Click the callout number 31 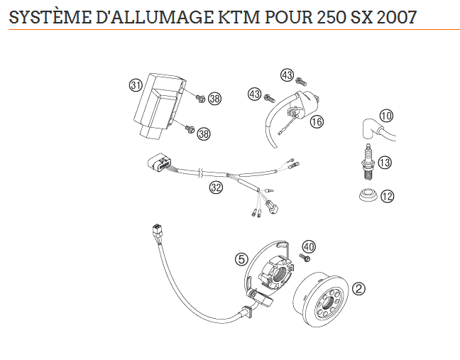(x=136, y=85)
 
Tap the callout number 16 (x=317, y=121)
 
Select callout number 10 (x=386, y=116)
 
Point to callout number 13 (x=385, y=163)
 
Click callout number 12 (x=388, y=196)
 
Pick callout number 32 (x=216, y=187)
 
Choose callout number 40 (x=309, y=247)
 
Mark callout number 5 (x=241, y=259)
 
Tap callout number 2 (x=358, y=289)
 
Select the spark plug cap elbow (x=369, y=129)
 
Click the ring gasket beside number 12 (x=368, y=195)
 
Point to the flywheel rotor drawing (x=322, y=300)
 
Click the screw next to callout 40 (x=305, y=258)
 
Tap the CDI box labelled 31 (x=159, y=105)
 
